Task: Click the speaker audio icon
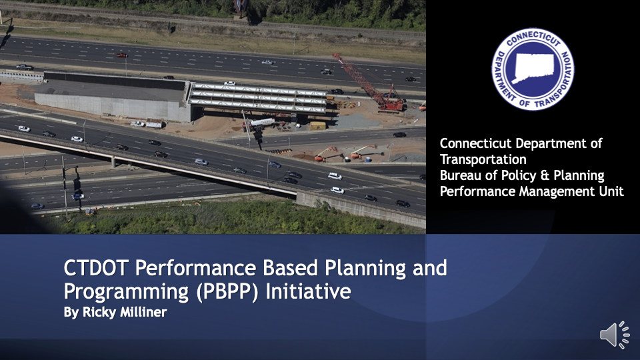[615, 335]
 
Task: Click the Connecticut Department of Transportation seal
[533, 69]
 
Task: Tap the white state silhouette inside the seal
[533, 68]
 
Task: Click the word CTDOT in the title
[96, 268]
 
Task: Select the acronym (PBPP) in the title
[227, 291]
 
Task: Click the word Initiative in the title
[308, 291]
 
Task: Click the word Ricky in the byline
[98, 313]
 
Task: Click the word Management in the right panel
[557, 192]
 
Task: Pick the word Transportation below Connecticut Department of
[483, 159]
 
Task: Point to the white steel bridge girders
[258, 98]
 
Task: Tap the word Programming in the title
[126, 292]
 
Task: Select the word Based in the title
[290, 268]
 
